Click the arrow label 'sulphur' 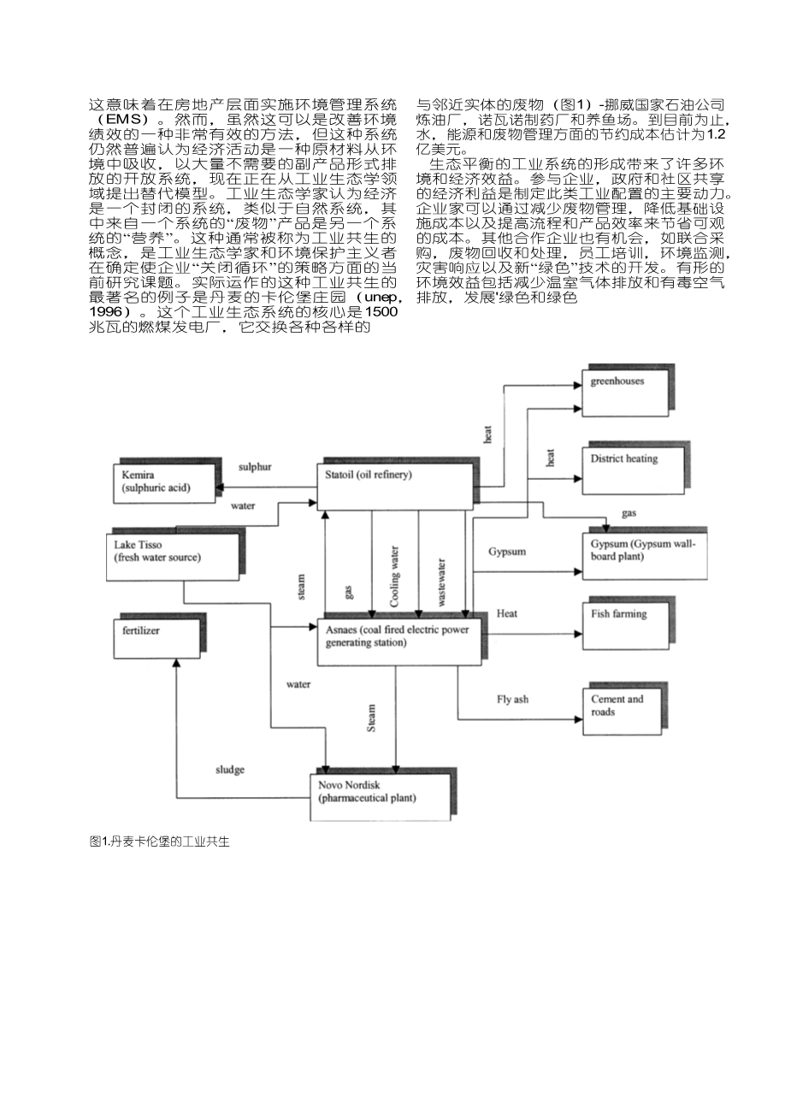point(255,467)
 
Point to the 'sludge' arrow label point(229,770)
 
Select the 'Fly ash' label point(512,700)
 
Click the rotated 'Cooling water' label point(395,576)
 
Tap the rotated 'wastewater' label point(441,582)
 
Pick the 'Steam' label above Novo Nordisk point(371,717)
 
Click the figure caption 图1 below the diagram point(159,841)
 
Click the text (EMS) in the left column point(125,118)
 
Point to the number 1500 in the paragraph point(377,312)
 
